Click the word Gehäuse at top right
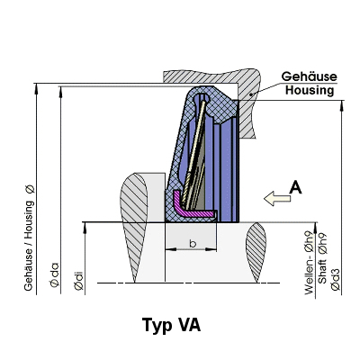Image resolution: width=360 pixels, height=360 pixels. [x=309, y=76]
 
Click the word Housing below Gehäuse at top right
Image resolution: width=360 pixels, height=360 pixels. [x=310, y=90]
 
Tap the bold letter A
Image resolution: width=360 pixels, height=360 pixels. [x=295, y=188]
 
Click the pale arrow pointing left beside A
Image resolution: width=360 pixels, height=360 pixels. [x=277, y=198]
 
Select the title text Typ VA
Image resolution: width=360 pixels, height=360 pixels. [x=171, y=326]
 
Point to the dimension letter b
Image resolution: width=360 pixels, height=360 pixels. [x=193, y=243]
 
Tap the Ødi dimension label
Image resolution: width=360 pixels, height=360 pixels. [x=79, y=281]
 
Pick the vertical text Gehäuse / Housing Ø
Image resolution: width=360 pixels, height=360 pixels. [x=29, y=238]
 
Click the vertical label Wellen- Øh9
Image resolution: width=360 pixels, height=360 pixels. [x=309, y=263]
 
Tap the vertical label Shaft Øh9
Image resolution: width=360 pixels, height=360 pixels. [x=322, y=258]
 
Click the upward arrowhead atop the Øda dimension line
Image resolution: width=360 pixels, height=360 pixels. [x=60, y=92]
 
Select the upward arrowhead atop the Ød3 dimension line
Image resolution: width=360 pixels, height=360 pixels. [x=341, y=106]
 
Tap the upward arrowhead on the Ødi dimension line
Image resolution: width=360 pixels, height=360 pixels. [x=85, y=228]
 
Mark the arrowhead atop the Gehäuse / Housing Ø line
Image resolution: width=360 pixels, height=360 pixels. [x=37, y=89]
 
